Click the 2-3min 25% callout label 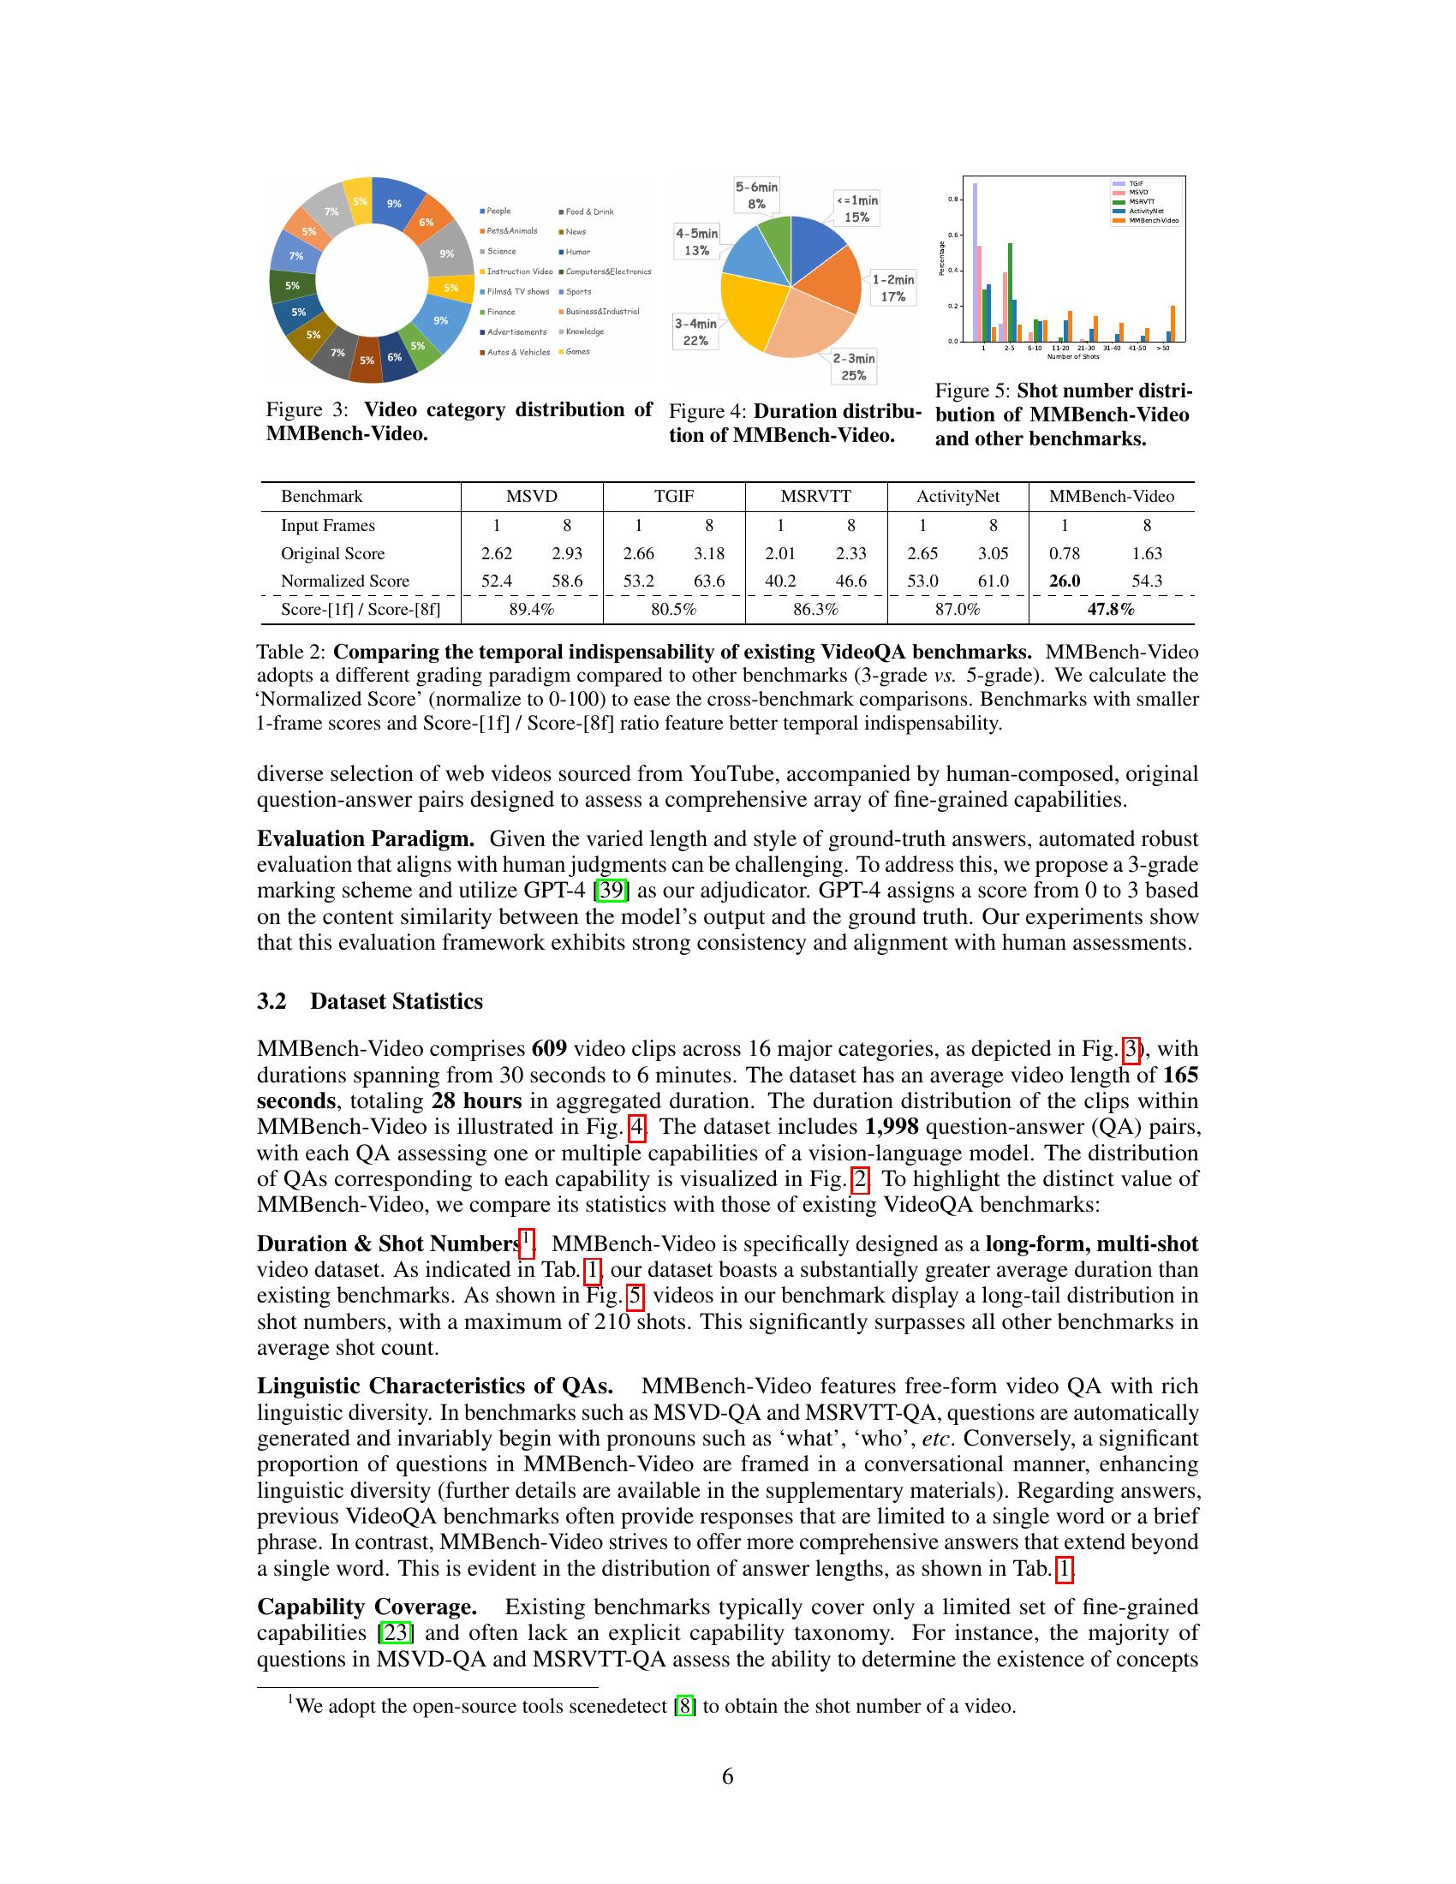[853, 367]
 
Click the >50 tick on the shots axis [1164, 349]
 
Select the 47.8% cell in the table [1111, 610]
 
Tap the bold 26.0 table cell [1065, 581]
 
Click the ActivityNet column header [958, 497]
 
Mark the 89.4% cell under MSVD [531, 610]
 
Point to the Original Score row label [332, 554]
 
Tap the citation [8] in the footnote [685, 1706]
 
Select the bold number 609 [550, 1049]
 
